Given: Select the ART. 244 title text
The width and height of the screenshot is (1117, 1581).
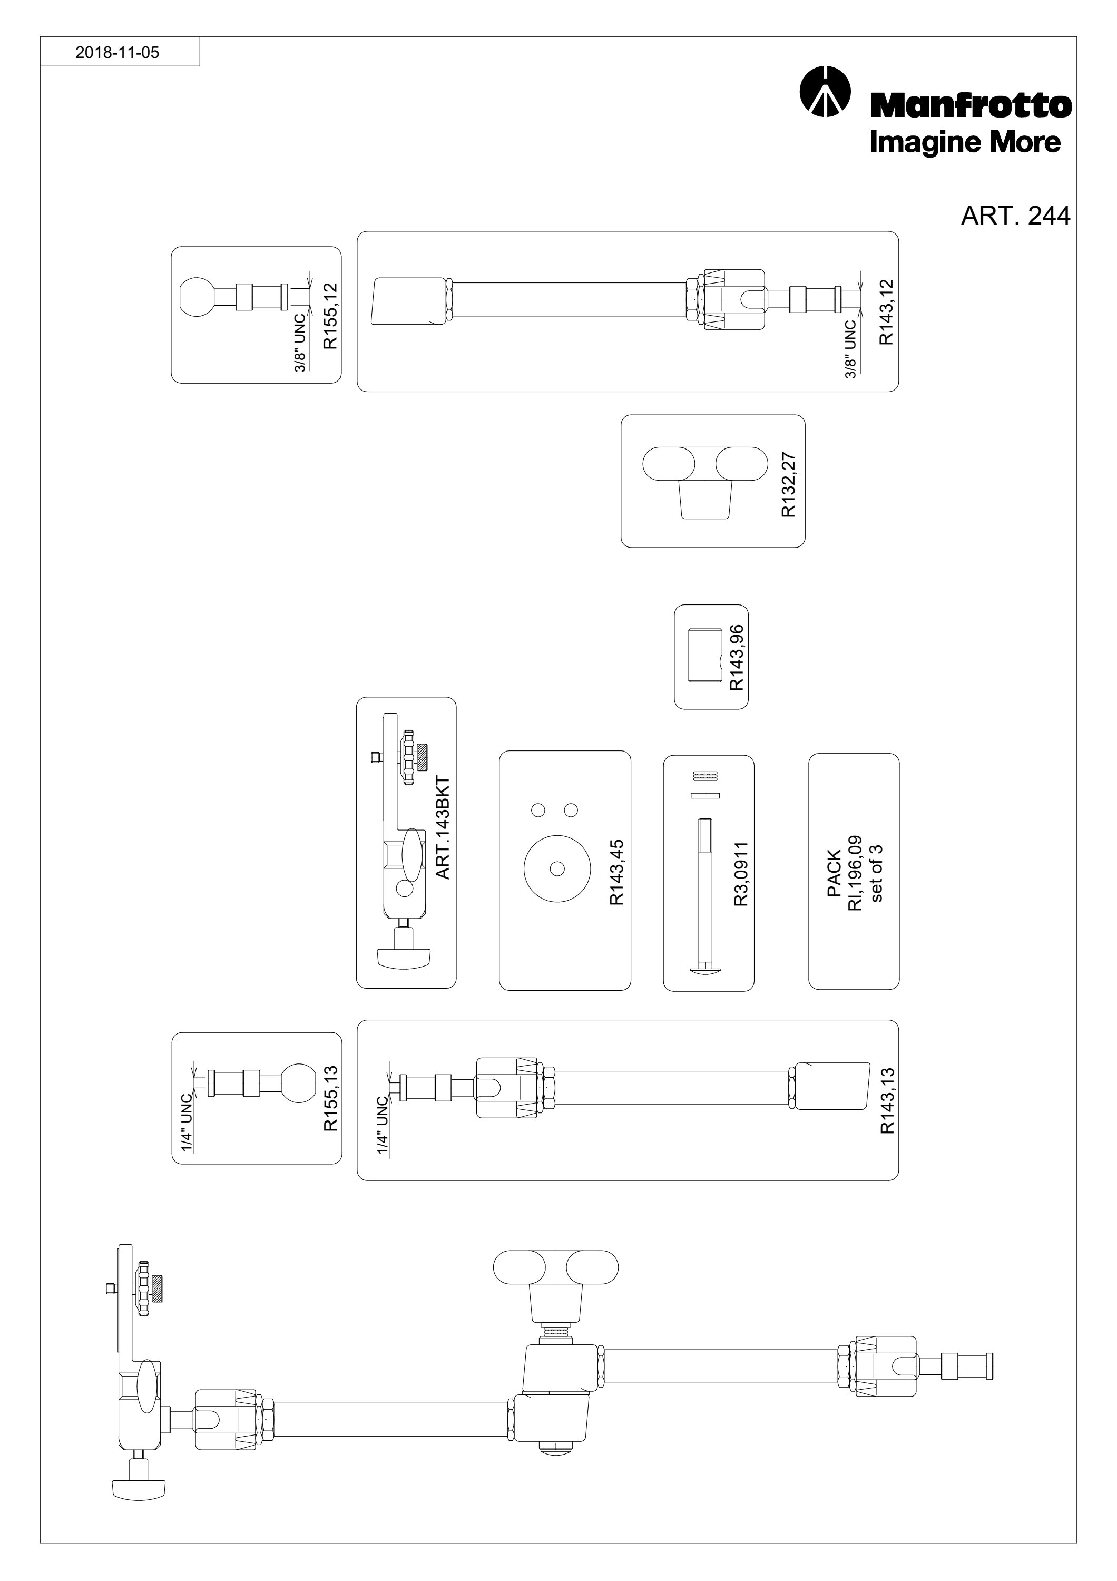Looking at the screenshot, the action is tap(1015, 216).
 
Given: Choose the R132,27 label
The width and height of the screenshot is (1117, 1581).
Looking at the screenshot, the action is tap(788, 485).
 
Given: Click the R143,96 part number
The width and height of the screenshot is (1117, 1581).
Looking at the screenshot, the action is tap(737, 658).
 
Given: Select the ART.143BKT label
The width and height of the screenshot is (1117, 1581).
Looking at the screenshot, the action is tap(443, 828).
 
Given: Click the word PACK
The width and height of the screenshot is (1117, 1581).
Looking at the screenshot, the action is tap(834, 874).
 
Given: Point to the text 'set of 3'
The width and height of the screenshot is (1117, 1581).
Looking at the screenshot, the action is tap(877, 872).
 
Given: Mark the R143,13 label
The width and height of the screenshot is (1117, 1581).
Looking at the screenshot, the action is tap(887, 1100).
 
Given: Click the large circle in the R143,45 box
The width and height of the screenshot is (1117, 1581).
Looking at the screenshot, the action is tap(557, 867).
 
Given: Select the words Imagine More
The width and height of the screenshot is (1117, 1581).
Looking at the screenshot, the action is tap(965, 142).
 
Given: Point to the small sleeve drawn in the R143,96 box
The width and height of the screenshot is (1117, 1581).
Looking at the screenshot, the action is tap(703, 656).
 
